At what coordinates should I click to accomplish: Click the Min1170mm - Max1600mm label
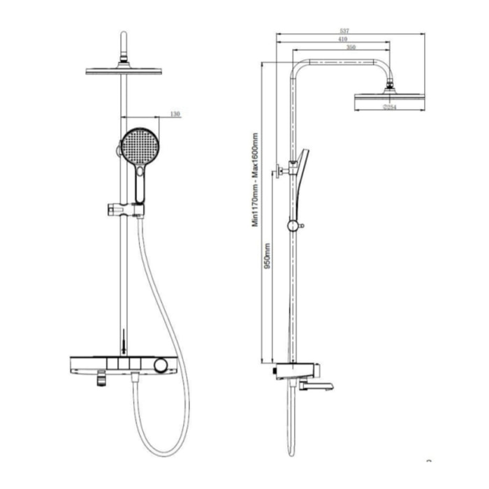[256, 180]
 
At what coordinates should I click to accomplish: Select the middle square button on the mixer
[124, 364]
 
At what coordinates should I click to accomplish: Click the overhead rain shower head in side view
[388, 101]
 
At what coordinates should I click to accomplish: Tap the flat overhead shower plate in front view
[124, 71]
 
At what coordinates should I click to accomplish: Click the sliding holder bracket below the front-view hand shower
[126, 208]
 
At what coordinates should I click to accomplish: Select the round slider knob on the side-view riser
[293, 226]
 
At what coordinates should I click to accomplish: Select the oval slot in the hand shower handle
[141, 172]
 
